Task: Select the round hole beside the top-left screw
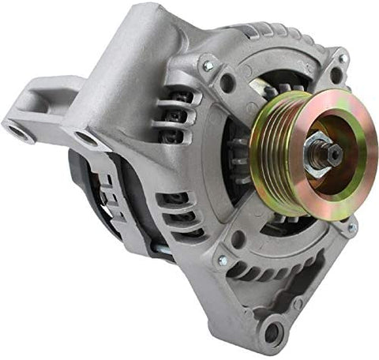[x=227, y=81]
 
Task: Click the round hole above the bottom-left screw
[x=238, y=238]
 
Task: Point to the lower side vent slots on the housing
[x=178, y=213]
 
